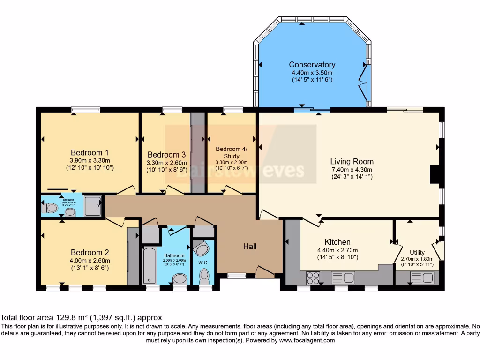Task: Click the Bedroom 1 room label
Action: tap(90, 152)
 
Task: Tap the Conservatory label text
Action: tap(312, 65)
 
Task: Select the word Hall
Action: tap(249, 246)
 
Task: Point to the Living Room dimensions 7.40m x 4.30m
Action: tap(352, 170)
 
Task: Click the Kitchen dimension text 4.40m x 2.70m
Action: tap(337, 250)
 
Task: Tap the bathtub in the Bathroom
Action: tap(150, 265)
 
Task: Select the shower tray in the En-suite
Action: tap(93, 206)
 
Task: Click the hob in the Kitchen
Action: tap(313, 278)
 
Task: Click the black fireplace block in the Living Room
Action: tap(435, 174)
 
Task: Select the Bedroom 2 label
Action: tap(90, 252)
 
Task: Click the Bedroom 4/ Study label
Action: tap(231, 152)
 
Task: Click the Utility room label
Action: tap(417, 253)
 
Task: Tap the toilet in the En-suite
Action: tap(50, 208)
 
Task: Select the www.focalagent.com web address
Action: tap(307, 340)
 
